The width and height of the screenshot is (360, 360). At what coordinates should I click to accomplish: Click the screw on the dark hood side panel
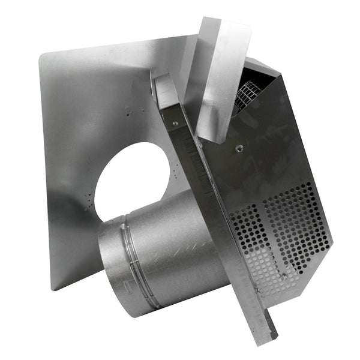(239, 148)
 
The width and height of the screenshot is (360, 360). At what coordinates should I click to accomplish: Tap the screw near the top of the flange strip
(175, 124)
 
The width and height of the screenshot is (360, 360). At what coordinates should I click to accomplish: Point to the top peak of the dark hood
(252, 60)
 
